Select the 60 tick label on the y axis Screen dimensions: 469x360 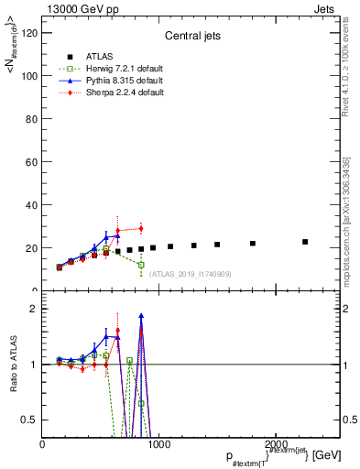click(29, 162)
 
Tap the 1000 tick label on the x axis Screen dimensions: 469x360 click(158, 444)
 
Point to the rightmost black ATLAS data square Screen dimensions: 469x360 click(305, 242)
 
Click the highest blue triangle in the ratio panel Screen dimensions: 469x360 click(141, 316)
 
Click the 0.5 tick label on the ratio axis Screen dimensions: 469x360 click(28, 420)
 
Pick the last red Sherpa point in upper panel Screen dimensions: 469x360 click(141, 228)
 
